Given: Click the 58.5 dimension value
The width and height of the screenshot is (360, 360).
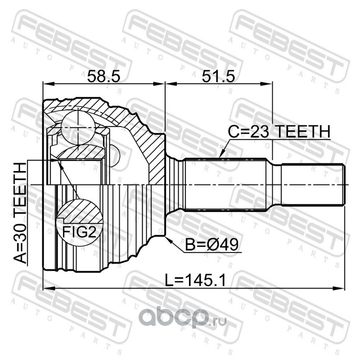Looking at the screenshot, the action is coord(104,76).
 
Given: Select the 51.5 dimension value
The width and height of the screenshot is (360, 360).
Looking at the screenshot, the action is coord(218,76).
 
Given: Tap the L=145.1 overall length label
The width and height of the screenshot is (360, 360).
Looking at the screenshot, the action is coord(196,280).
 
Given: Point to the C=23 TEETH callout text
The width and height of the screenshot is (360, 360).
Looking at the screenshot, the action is coord(279,131).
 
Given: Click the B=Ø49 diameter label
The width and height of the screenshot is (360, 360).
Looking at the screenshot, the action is coord(211,244).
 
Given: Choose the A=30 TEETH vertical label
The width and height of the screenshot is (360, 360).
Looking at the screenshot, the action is coord(20,213).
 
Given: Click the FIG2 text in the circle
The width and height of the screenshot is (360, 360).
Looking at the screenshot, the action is coord(79,232).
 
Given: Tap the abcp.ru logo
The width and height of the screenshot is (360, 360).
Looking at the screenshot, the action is coord(183,318).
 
